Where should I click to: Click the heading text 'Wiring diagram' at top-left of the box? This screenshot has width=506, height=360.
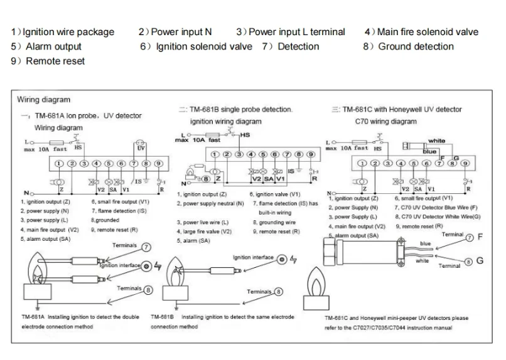tap(44, 99)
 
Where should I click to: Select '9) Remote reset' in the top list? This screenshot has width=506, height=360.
tap(48, 61)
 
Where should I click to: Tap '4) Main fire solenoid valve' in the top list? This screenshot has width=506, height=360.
tap(421, 32)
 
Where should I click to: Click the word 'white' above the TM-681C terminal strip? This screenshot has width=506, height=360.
tap(436, 141)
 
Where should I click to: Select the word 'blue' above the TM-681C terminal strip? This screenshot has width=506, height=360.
tap(429, 151)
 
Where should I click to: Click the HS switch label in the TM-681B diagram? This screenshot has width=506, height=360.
tap(245, 135)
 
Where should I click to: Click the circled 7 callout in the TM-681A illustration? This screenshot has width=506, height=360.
tap(146, 247)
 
